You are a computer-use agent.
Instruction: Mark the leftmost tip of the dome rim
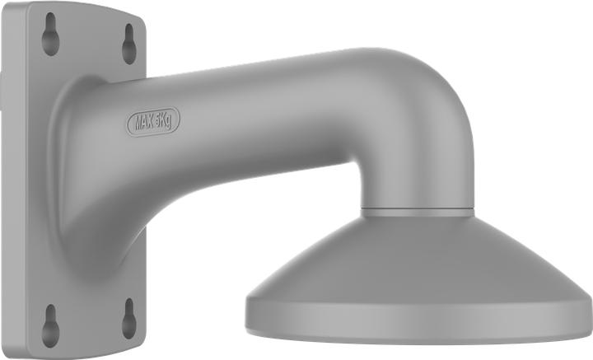click(x=246, y=306)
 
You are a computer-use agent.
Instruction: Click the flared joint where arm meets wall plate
click(x=78, y=165)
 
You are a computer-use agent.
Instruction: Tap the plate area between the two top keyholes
click(x=90, y=37)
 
